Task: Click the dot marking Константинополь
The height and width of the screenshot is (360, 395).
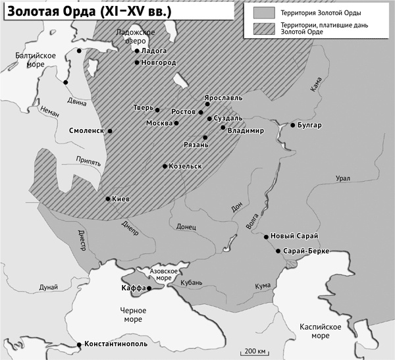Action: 80,344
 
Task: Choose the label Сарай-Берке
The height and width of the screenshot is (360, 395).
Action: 306,251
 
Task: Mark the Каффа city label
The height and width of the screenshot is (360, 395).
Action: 133,288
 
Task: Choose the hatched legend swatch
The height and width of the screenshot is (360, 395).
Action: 263,28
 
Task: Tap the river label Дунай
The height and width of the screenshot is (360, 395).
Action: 48,287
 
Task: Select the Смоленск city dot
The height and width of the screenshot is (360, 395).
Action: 110,131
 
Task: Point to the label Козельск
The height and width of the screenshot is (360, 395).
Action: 185,166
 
